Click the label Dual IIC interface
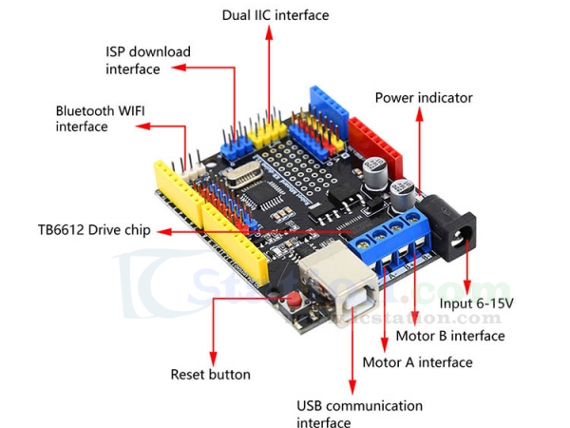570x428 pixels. pyautogui.click(x=275, y=15)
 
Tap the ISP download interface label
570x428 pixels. pyautogui.click(x=148, y=60)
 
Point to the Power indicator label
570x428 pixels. pyautogui.click(x=423, y=97)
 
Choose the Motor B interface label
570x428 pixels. pyautogui.click(x=449, y=336)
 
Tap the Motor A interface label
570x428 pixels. pyautogui.click(x=417, y=362)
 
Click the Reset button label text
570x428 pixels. pyautogui.click(x=210, y=375)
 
